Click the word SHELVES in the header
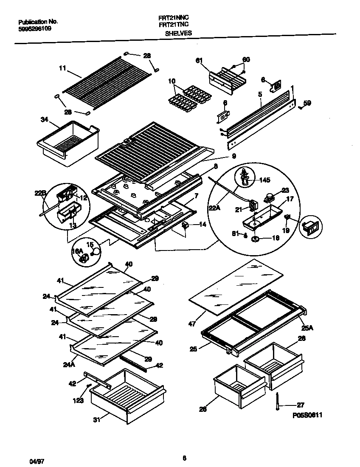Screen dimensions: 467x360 point(178,33)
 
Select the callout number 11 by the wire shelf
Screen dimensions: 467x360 point(62,67)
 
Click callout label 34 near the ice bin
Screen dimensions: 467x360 point(45,120)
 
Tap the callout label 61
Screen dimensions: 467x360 point(199,61)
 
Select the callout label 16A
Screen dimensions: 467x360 point(77,252)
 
